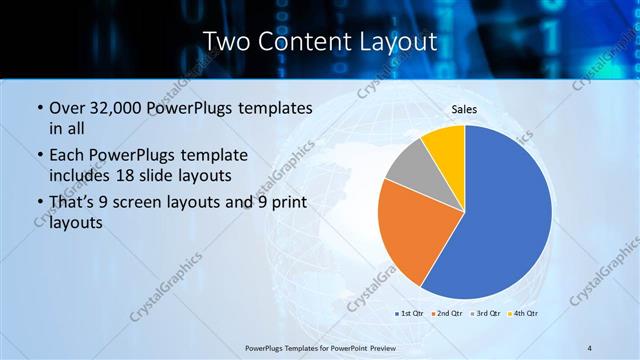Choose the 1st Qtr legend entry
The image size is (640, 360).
(410, 313)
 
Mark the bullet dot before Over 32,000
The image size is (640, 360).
(39, 108)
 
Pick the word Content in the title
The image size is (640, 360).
(307, 41)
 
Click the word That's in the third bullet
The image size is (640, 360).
(71, 203)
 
